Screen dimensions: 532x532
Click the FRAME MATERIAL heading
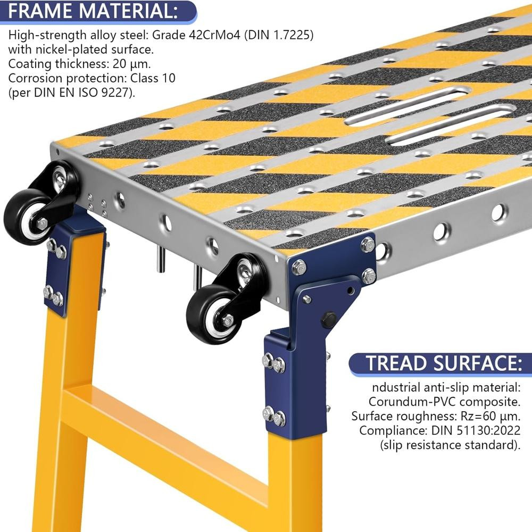coord(93,11)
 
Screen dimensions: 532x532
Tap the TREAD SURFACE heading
coord(444,363)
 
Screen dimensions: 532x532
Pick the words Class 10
coord(153,78)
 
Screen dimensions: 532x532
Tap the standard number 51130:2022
coord(488,430)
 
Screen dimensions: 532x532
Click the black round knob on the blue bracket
coord(328,319)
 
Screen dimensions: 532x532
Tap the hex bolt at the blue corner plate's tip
coord(298,267)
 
